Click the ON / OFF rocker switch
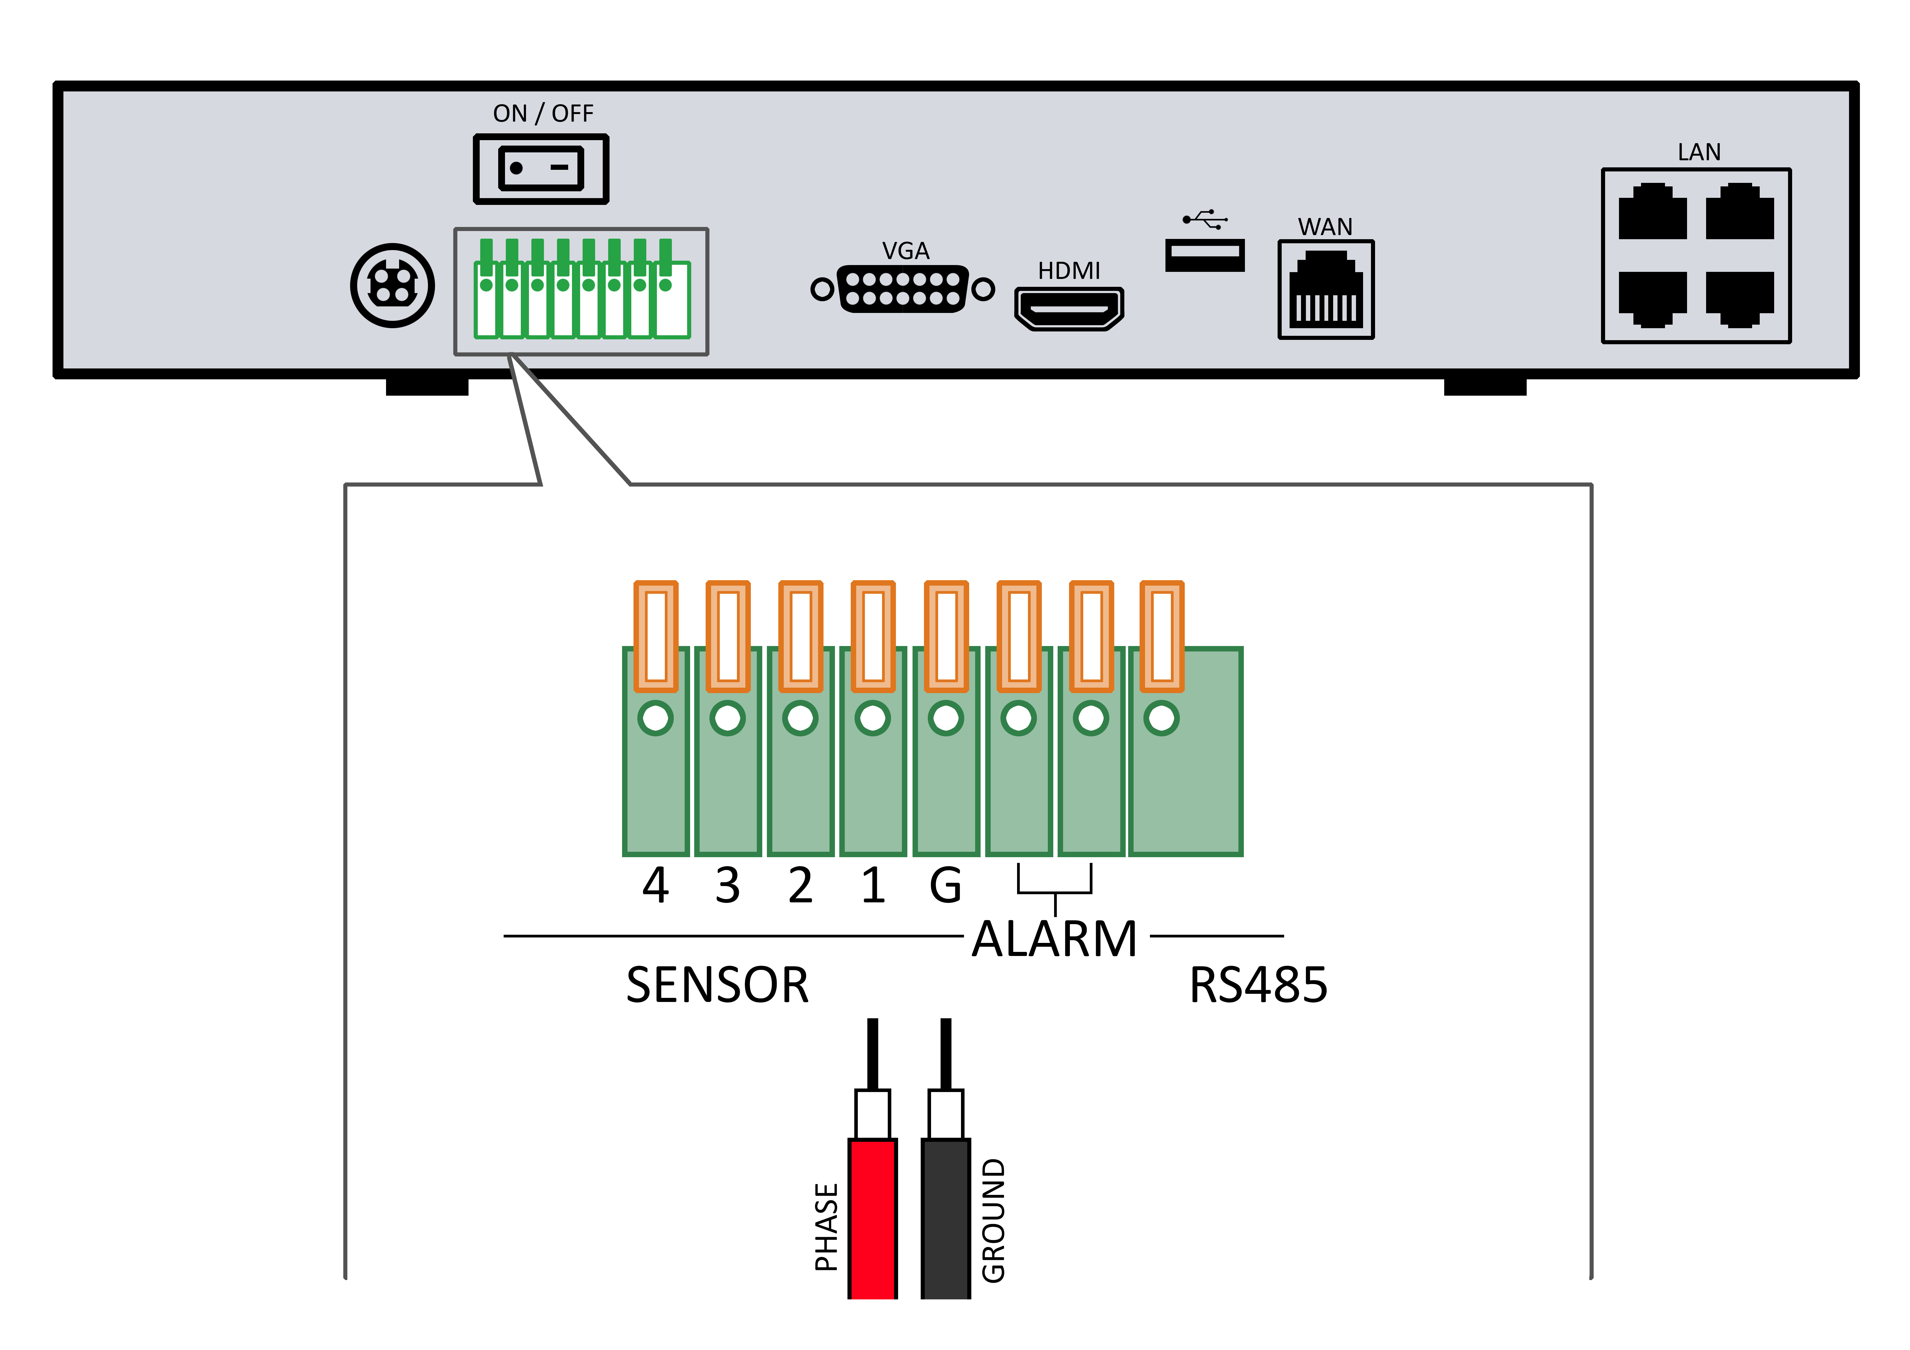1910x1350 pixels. (x=541, y=169)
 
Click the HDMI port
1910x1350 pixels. (x=1069, y=309)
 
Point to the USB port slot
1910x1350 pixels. (x=1205, y=254)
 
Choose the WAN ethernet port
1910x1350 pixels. (x=1326, y=290)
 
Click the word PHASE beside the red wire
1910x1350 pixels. (x=826, y=1227)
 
